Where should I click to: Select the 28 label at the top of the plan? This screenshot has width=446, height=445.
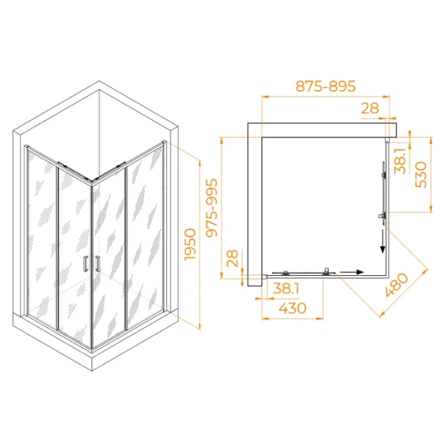coord(370,108)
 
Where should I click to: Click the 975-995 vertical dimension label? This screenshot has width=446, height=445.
coord(214,207)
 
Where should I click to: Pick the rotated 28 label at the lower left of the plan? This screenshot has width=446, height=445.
coord(232,259)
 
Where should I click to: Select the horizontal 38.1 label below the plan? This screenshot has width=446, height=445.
coord(285,290)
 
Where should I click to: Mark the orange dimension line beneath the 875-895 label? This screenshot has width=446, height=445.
coord(327,96)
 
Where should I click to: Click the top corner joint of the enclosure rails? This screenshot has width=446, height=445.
coord(91,180)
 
